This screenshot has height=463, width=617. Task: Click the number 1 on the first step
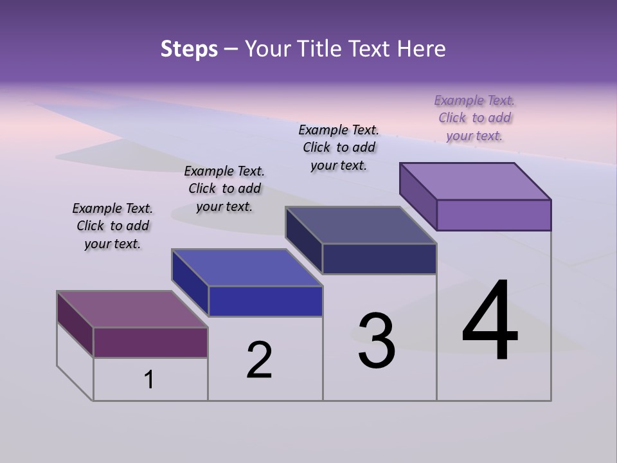pos(149,380)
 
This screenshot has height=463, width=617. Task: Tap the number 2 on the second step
pos(259,360)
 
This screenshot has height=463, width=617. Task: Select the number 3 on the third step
pos(376,341)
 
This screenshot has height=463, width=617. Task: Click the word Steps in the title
pos(189,49)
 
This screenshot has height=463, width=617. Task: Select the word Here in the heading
pos(422,49)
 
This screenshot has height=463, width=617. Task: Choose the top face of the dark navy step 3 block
pos(361,225)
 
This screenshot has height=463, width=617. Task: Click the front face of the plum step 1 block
pos(150,342)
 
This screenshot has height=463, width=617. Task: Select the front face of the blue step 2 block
pos(265,301)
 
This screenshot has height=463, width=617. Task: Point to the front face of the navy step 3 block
pos(379,259)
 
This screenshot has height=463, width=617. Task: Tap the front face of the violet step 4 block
pos(494,215)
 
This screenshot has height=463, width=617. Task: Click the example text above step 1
pos(112,226)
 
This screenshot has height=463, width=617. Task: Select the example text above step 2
pos(224,188)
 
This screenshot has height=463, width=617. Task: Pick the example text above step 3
pos(339,147)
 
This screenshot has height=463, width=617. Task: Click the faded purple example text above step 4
pos(474,118)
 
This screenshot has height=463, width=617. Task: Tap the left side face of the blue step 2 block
pos(190,283)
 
